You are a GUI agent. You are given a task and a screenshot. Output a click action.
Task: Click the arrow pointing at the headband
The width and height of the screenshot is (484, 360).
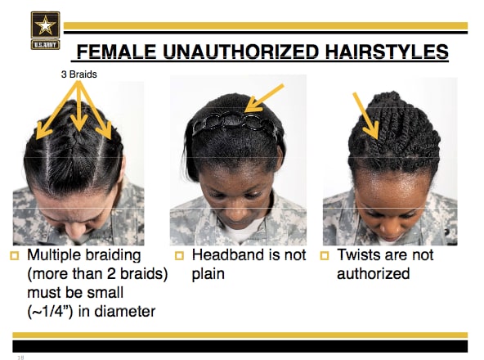point(265,96)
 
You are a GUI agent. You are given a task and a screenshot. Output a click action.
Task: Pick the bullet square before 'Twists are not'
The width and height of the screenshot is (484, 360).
point(325,256)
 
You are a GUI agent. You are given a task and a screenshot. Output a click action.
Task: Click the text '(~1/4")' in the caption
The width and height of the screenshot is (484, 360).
point(55,310)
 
